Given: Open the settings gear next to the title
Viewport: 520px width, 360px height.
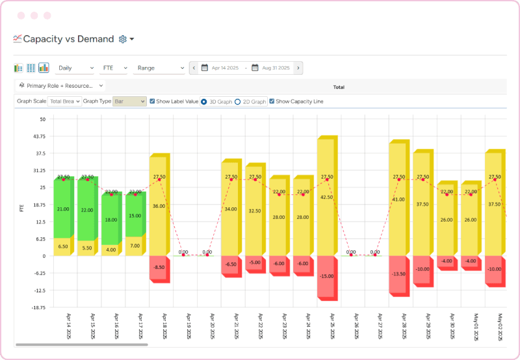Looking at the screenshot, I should click(x=123, y=39).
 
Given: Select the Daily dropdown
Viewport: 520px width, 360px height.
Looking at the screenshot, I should click(x=75, y=68).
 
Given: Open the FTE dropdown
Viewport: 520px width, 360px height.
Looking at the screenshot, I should click(x=114, y=68).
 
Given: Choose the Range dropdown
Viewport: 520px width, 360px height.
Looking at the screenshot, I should click(x=160, y=68).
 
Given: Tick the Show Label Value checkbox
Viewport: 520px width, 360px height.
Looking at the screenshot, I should click(x=152, y=101).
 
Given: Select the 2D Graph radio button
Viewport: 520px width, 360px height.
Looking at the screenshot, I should click(x=237, y=101).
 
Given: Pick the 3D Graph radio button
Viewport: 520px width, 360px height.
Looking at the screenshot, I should click(x=204, y=101).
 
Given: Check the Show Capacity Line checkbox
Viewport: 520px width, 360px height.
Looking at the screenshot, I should click(x=272, y=101).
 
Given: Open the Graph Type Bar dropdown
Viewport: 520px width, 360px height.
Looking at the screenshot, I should click(x=129, y=101).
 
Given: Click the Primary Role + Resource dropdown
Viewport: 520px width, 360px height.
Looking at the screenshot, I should click(x=61, y=85).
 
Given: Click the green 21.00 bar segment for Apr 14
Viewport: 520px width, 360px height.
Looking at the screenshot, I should click(x=63, y=209).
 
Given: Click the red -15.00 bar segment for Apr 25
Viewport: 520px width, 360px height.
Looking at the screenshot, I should click(x=326, y=276).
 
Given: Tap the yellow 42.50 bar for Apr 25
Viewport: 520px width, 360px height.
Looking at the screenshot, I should click(x=326, y=197).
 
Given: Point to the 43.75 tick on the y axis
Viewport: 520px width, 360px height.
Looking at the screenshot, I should click(x=38, y=136).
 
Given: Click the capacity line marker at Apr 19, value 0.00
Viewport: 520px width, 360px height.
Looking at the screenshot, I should click(x=183, y=255).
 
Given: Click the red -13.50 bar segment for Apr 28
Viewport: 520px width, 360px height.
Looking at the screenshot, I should click(x=398, y=274).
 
